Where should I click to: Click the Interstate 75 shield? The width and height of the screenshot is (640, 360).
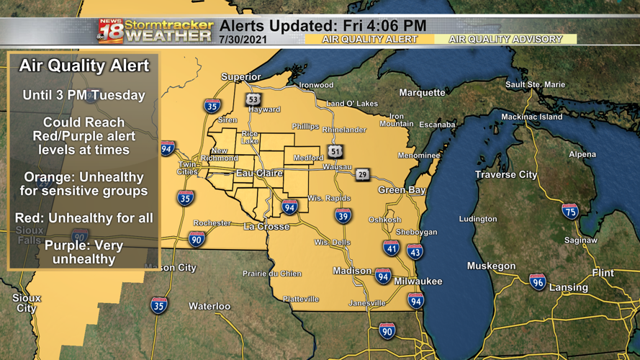click(x=569, y=211)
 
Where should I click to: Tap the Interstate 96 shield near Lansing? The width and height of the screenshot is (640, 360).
click(x=537, y=282)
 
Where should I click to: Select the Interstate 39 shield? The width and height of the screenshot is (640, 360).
click(x=343, y=215)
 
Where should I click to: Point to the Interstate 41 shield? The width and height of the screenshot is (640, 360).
click(x=391, y=248)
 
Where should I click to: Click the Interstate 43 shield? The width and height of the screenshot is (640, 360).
click(x=415, y=251)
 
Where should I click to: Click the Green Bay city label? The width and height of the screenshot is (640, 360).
click(x=402, y=190)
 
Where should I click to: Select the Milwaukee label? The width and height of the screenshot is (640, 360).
click(x=418, y=282)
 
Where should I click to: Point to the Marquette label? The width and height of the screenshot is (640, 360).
click(x=422, y=93)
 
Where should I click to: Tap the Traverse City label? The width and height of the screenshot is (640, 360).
click(x=505, y=175)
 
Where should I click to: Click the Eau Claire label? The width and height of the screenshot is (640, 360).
click(x=259, y=174)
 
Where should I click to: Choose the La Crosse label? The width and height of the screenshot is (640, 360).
click(x=266, y=227)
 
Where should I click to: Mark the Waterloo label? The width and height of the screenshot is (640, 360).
click(x=209, y=307)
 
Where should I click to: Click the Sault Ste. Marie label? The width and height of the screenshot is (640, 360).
click(x=535, y=85)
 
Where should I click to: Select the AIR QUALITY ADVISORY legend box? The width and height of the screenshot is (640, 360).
click(x=505, y=40)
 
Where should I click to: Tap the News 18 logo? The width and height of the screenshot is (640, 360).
click(x=110, y=31)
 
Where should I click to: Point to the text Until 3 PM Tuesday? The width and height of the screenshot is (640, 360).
click(x=84, y=95)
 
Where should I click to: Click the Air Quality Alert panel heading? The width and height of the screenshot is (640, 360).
click(x=84, y=66)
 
